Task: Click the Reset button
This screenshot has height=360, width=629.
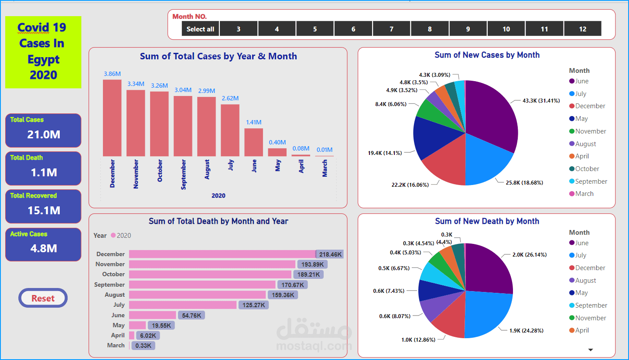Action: coord(43,298)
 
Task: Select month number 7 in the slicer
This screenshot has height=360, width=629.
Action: coord(391,29)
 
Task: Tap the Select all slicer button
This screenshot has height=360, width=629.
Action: coord(200,29)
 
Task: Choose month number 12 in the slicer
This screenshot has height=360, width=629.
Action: coord(582,29)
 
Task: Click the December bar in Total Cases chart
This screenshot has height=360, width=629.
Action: coord(112,118)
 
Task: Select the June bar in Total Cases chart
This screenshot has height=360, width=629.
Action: coord(253,142)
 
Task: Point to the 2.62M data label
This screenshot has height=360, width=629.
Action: coord(230,98)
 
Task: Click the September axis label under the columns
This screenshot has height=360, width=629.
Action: coord(183,174)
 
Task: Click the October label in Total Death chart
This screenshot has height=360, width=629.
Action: coord(113,274)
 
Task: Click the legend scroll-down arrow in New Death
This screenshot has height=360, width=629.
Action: coord(591,350)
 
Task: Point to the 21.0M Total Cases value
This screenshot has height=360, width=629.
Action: coord(43,135)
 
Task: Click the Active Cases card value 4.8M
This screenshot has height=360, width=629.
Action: coord(43,249)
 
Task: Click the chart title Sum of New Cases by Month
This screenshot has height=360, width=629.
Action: coord(487,55)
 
